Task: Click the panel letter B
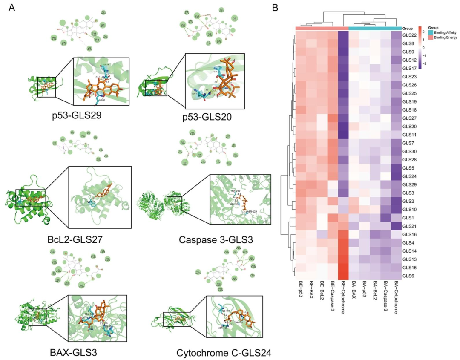point(276,8)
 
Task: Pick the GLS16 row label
point(411,234)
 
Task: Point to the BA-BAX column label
point(354,297)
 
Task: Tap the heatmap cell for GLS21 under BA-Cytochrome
point(397,226)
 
